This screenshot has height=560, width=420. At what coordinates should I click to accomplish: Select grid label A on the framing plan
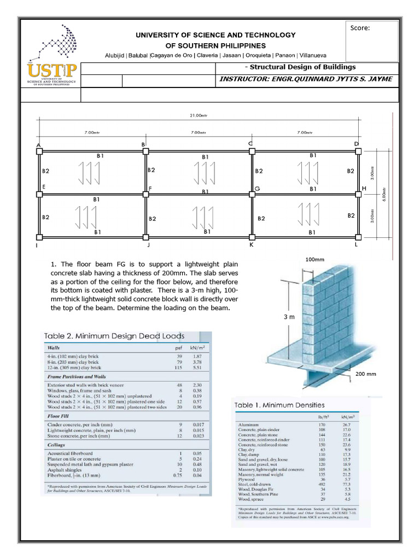pyautogui.click(x=39, y=145)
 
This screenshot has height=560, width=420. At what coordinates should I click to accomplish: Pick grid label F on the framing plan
pyautogui.click(x=150, y=188)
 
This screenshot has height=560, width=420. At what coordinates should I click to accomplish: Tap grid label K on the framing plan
pyautogui.click(x=251, y=246)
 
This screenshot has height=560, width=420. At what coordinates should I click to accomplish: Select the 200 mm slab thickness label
pyautogui.click(x=366, y=375)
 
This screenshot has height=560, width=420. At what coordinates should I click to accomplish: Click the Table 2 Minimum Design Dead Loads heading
pyautogui.click(x=114, y=336)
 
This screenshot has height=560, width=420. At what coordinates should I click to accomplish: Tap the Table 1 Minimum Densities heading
pyautogui.click(x=279, y=405)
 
